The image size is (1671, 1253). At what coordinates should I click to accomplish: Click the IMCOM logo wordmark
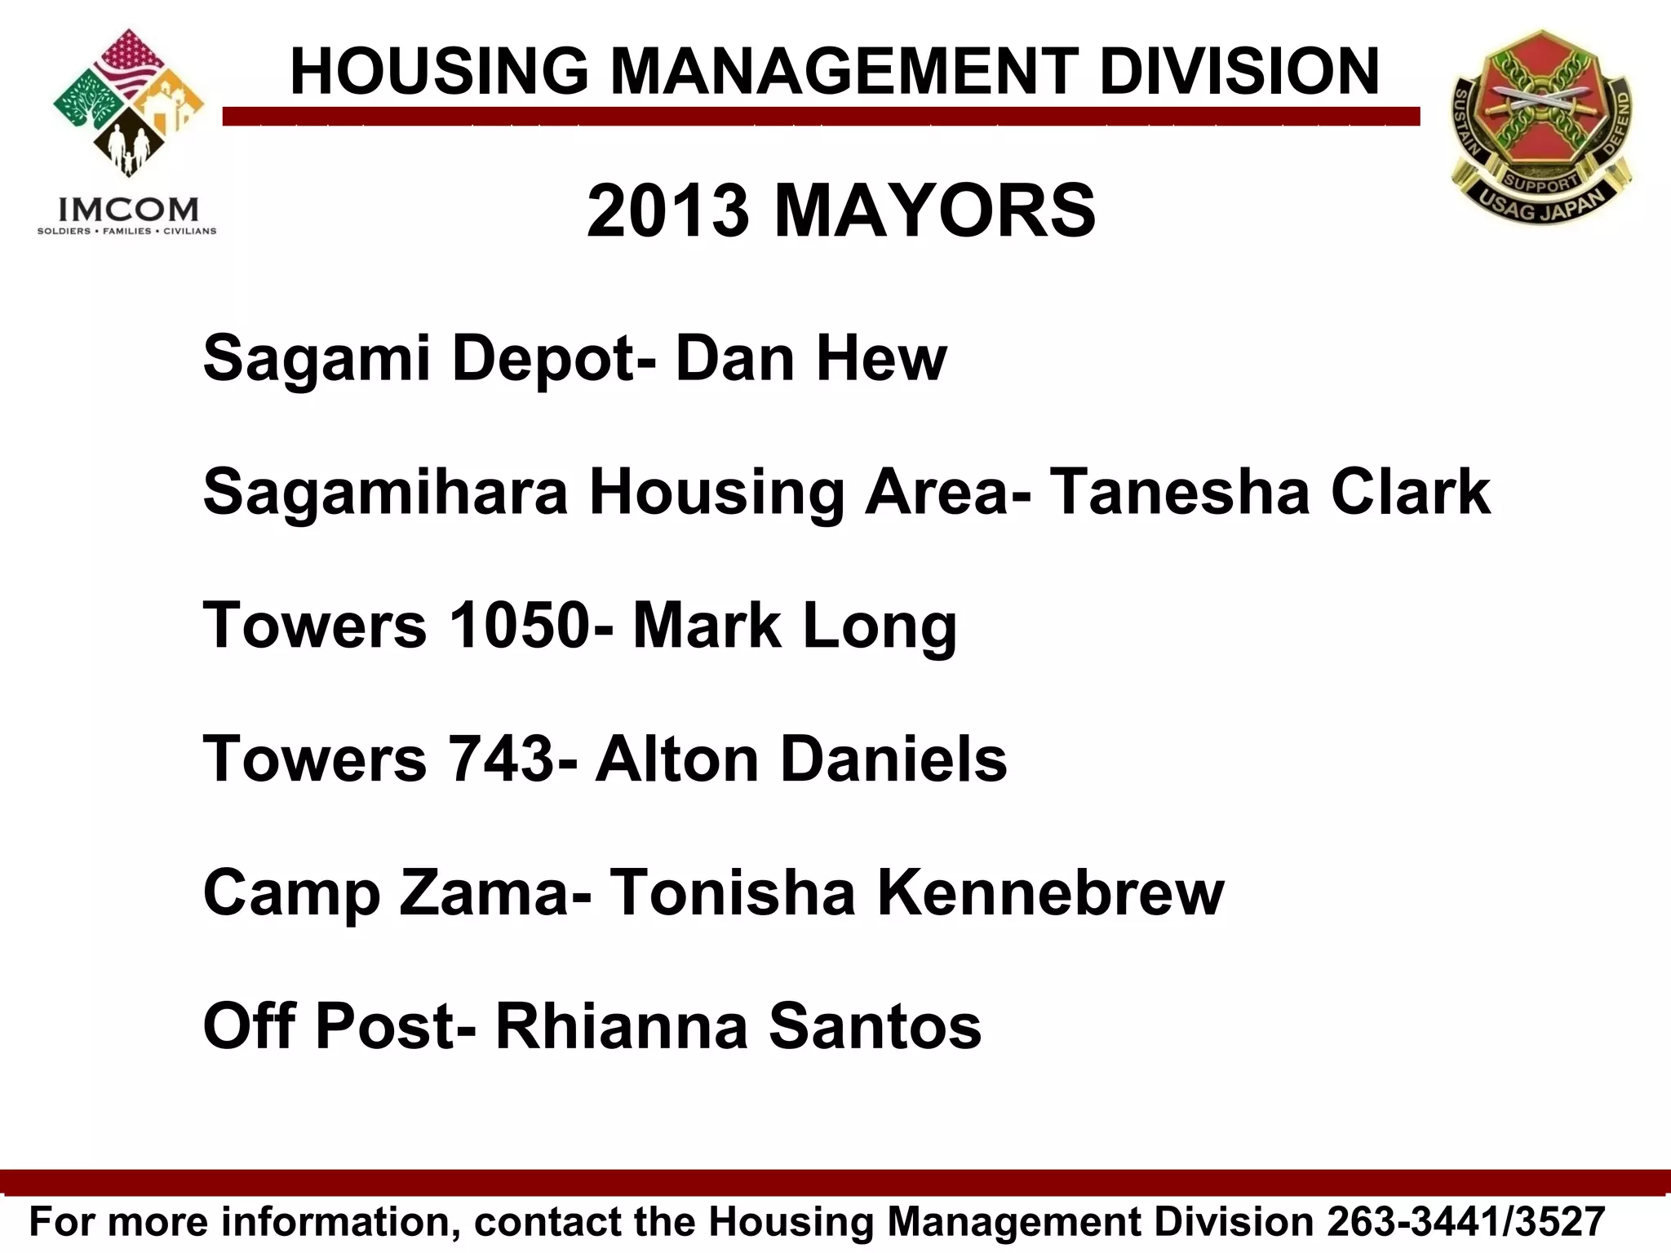coord(128,210)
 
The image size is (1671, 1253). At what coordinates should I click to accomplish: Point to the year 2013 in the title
coord(667,211)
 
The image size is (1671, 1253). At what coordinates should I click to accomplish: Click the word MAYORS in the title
coord(934,211)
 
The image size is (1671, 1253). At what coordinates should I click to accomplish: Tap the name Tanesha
coord(1179,492)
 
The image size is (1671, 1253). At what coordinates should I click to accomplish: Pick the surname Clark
coord(1411,492)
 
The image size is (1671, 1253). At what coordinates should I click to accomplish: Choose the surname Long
coord(880,626)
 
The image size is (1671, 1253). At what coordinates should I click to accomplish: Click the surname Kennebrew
coord(1051,892)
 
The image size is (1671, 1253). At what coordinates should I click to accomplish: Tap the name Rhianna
coord(622,1025)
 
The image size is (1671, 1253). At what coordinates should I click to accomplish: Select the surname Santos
coord(875,1025)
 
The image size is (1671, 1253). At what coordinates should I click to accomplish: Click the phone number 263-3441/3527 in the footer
coord(1466,1222)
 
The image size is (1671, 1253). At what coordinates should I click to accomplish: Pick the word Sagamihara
coord(385,492)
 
